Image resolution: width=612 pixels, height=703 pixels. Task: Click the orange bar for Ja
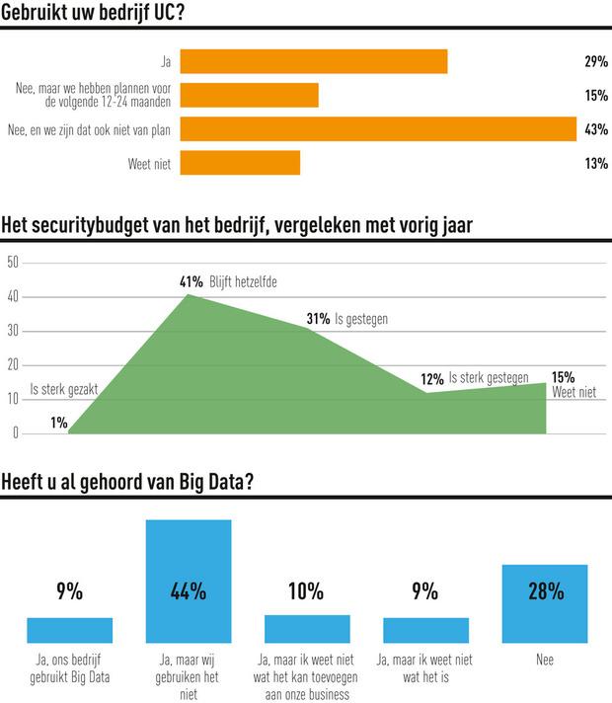coord(314,61)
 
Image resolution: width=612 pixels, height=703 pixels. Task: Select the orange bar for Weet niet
coord(240,163)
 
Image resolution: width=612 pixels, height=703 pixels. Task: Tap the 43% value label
coord(595,129)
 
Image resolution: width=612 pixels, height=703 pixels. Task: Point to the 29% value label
coord(595,61)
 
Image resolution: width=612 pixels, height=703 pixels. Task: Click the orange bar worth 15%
coord(249,96)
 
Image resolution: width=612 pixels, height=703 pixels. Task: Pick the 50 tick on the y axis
coord(12,263)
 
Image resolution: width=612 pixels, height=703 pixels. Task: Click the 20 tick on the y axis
coord(12,365)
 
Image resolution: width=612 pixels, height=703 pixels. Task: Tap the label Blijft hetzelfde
coord(244,281)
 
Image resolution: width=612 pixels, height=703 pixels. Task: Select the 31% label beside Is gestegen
coord(319,319)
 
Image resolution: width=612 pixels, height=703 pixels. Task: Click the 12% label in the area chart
coord(432,379)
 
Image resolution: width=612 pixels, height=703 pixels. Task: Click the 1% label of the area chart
coord(59,423)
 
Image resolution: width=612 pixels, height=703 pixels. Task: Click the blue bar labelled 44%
coord(188,582)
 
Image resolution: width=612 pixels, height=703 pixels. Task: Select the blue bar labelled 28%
coord(545,604)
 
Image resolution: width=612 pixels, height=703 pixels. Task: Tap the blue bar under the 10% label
coord(307,629)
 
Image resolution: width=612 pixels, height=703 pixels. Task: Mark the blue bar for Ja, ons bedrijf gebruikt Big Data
coord(69,630)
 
